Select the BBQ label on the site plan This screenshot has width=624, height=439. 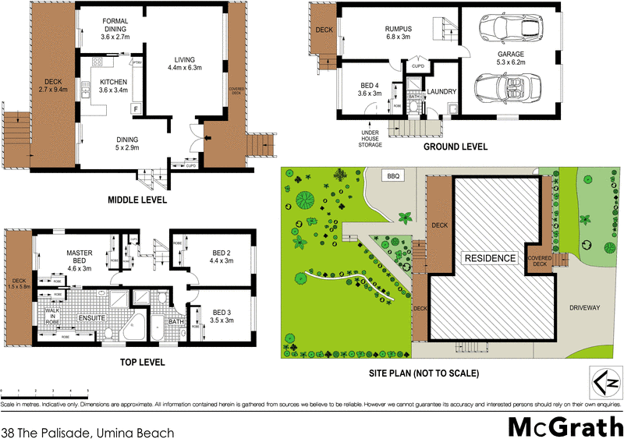click(x=393, y=177)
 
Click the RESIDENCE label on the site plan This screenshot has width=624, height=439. click(x=490, y=258)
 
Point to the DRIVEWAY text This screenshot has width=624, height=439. click(x=583, y=308)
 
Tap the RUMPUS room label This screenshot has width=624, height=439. click(x=398, y=34)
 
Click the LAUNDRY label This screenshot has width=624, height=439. click(x=442, y=92)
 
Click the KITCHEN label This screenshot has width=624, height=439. click(x=114, y=85)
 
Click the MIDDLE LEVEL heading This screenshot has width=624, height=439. click(x=136, y=200)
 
